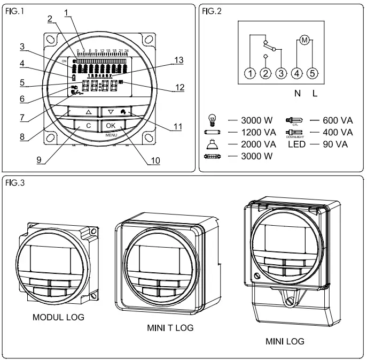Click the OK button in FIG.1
111,125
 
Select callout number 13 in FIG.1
179,60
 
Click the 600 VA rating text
338,120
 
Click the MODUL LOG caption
58,317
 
